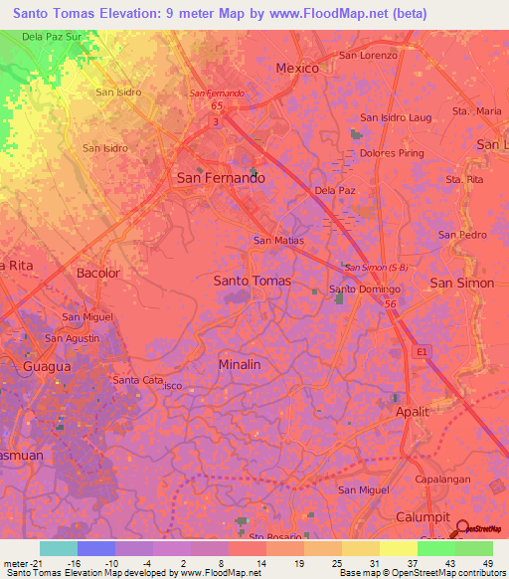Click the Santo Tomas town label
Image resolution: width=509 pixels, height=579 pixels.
pyautogui.click(x=253, y=281)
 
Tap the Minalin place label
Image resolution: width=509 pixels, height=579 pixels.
pyautogui.click(x=239, y=364)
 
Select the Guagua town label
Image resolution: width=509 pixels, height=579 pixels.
pyautogui.click(x=42, y=366)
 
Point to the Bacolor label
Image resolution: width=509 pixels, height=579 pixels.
pyautogui.click(x=97, y=273)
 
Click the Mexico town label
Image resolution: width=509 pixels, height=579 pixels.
pyautogui.click(x=296, y=69)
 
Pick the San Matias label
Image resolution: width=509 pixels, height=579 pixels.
pyautogui.click(x=278, y=240)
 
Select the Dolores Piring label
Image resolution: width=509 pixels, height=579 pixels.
pyautogui.click(x=393, y=154)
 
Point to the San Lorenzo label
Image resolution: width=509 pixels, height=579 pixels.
pyautogui.click(x=368, y=56)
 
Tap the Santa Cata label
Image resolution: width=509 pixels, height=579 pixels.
pyautogui.click(x=138, y=380)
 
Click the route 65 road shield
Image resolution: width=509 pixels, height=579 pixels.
pyautogui.click(x=215, y=102)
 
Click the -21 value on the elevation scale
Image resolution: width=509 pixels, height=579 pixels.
pyautogui.click(x=30, y=562)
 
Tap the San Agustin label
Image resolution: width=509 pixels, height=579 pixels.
pyautogui.click(x=72, y=338)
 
